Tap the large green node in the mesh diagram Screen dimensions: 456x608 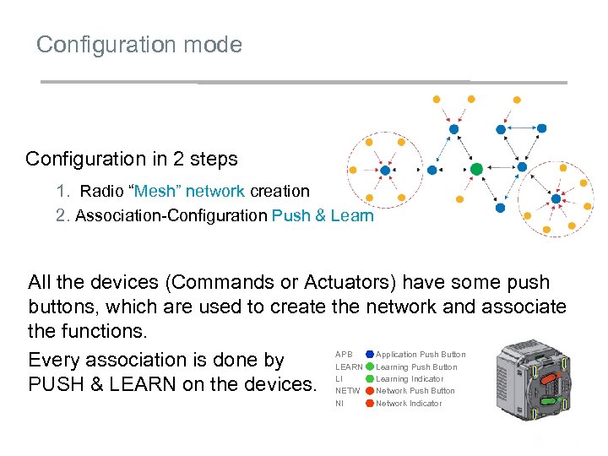476,170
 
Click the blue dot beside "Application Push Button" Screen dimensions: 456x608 370,355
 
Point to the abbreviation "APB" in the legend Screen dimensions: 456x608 344,355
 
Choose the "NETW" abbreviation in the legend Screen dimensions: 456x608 347,391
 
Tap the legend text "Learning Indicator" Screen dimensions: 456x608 410,379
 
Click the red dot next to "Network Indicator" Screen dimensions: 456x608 370,404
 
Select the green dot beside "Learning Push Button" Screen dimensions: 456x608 370,367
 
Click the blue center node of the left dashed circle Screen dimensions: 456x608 385,171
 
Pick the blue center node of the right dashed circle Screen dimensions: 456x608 556,199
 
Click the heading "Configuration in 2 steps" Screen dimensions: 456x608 132,159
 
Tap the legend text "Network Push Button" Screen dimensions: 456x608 415,391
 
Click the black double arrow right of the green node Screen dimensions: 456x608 499,169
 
